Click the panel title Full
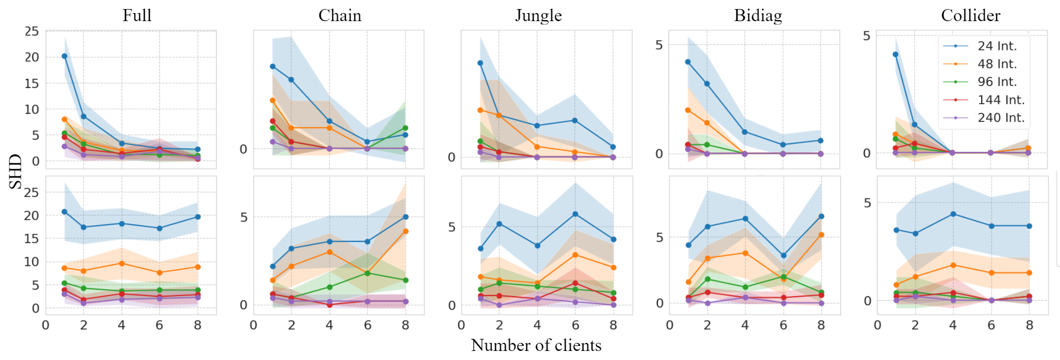pos(137,15)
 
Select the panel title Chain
pos(340,15)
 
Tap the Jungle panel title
pos(538,15)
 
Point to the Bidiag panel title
pos(758,15)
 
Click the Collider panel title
pos(971,15)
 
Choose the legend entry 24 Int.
pos(997,46)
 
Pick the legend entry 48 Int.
pos(997,64)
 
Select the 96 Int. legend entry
pos(997,81)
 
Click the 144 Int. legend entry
pos(1001,100)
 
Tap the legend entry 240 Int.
pos(1001,118)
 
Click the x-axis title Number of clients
pos(536,345)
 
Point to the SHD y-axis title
pos(16,171)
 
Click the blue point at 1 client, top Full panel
pos(64,56)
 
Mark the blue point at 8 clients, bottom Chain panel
pos(406,217)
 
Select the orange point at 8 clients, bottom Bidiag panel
pos(821,235)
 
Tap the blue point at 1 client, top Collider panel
pos(896,54)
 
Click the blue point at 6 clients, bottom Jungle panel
pos(575,214)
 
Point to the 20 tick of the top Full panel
pos(32,57)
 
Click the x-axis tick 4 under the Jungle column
pos(537,325)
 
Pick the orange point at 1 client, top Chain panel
pos(272,101)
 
